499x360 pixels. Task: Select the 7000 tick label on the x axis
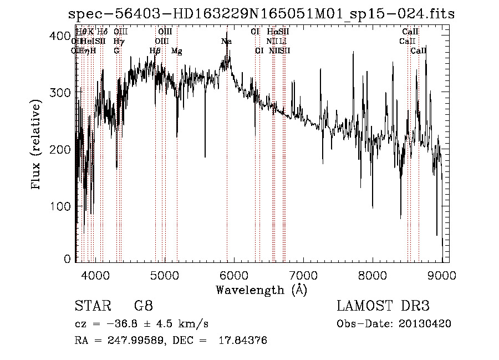tap(303, 275)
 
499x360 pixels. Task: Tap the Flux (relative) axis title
tap(37, 145)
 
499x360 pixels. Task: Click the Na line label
tap(226, 42)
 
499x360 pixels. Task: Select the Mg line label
tap(177, 51)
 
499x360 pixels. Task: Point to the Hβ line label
tap(155, 51)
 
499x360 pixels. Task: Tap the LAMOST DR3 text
tap(383, 306)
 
